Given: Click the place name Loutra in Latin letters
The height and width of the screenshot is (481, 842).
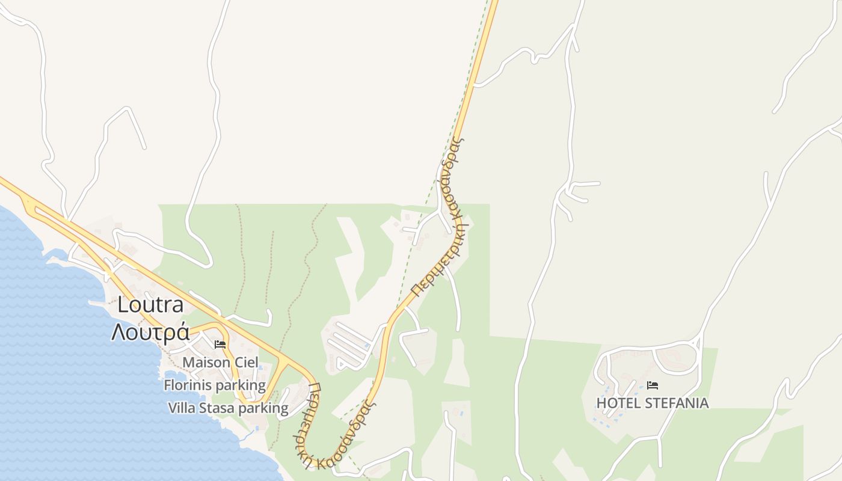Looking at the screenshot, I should (x=150, y=305).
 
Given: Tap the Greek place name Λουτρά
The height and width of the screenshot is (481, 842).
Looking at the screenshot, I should (x=150, y=332).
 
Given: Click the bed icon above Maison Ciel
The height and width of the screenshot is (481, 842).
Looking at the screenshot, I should (x=220, y=345).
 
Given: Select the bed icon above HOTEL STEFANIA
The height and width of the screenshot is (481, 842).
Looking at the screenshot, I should (x=653, y=385).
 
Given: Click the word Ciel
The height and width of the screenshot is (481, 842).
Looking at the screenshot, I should (x=246, y=363).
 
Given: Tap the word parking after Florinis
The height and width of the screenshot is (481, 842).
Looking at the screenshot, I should (x=240, y=385).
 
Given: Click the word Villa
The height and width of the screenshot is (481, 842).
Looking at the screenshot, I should (x=182, y=408).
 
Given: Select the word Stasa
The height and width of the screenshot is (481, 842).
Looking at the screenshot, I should (x=217, y=408).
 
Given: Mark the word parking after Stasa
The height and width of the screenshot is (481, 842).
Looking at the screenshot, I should (x=263, y=408).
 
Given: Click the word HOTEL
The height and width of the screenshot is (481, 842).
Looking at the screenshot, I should (x=616, y=403).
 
